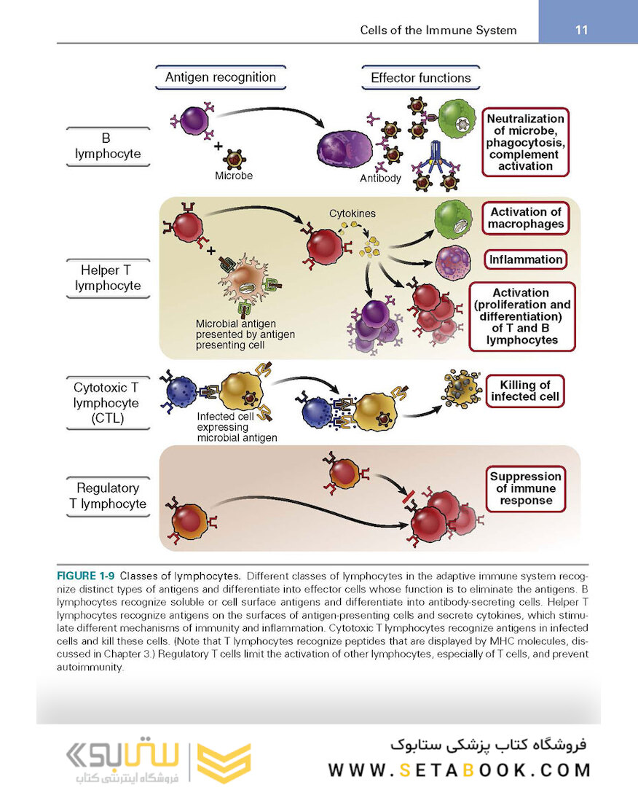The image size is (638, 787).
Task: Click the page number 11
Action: point(580,30)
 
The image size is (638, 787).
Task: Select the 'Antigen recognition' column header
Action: point(220,77)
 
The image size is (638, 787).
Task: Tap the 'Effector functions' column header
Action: point(420,78)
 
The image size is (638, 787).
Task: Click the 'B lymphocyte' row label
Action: point(108,146)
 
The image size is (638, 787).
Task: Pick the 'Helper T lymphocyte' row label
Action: point(108,278)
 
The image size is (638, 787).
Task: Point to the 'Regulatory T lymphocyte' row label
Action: point(108,496)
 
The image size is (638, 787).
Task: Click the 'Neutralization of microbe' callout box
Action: point(525,142)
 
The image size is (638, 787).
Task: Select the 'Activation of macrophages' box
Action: point(526,218)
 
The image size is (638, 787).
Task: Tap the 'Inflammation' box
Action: point(526,259)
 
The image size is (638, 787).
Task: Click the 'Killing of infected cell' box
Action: point(525,391)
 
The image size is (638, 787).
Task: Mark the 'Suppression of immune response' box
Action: point(526,488)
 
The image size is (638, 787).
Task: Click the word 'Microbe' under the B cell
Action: point(234,176)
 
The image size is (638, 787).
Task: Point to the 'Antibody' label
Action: point(380,178)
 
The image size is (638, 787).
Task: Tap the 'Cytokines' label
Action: point(353,214)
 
